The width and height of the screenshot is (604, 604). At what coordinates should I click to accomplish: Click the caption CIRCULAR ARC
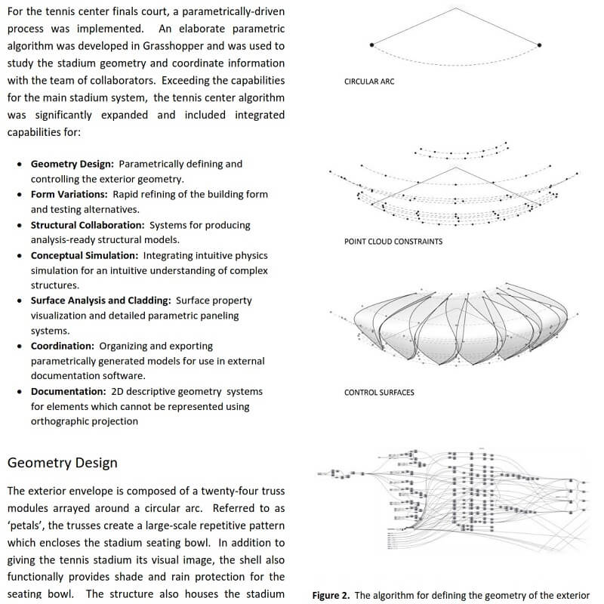pyautogui.click(x=369, y=82)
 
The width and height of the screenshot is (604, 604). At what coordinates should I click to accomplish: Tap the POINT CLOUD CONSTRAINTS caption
pyautogui.click(x=393, y=242)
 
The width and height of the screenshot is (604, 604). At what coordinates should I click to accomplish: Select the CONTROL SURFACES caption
pyautogui.click(x=379, y=393)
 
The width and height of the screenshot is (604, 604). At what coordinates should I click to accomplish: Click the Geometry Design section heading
pyautogui.click(x=62, y=463)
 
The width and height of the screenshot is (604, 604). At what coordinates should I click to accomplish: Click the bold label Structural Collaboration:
pyautogui.click(x=87, y=225)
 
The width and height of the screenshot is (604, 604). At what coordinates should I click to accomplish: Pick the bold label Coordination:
pyautogui.click(x=62, y=345)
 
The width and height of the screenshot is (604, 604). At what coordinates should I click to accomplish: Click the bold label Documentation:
pyautogui.click(x=66, y=391)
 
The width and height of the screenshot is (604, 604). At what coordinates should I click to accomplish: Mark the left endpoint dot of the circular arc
pyautogui.click(x=371, y=45)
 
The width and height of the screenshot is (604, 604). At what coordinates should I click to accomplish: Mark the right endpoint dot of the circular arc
pyautogui.click(x=540, y=45)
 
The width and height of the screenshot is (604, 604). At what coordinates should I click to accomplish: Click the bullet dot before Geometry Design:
pyautogui.click(x=20, y=164)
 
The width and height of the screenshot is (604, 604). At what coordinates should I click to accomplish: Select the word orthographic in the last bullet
pyautogui.click(x=61, y=421)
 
